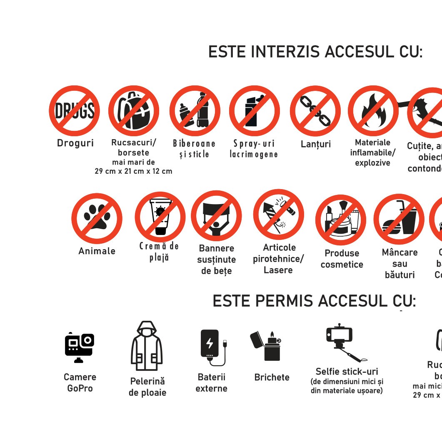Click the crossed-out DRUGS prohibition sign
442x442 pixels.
coord(75,111)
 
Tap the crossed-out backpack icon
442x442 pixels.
coord(134,111)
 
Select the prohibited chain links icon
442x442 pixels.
coord(315,111)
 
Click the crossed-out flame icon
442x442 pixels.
coord(373,111)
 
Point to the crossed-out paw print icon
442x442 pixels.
coord(97,218)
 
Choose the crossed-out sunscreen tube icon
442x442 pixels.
coord(160,217)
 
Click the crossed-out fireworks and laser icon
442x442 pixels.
coord(279,214)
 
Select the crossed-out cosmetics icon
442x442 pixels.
coord(341,220)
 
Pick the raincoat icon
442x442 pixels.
coord(147,346)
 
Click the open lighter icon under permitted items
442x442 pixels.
coord(267,345)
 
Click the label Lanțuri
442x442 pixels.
coord(315,144)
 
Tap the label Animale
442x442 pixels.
coord(97,251)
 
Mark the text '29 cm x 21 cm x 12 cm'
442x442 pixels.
coord(133,171)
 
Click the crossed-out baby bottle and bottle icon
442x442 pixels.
coord(195,111)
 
